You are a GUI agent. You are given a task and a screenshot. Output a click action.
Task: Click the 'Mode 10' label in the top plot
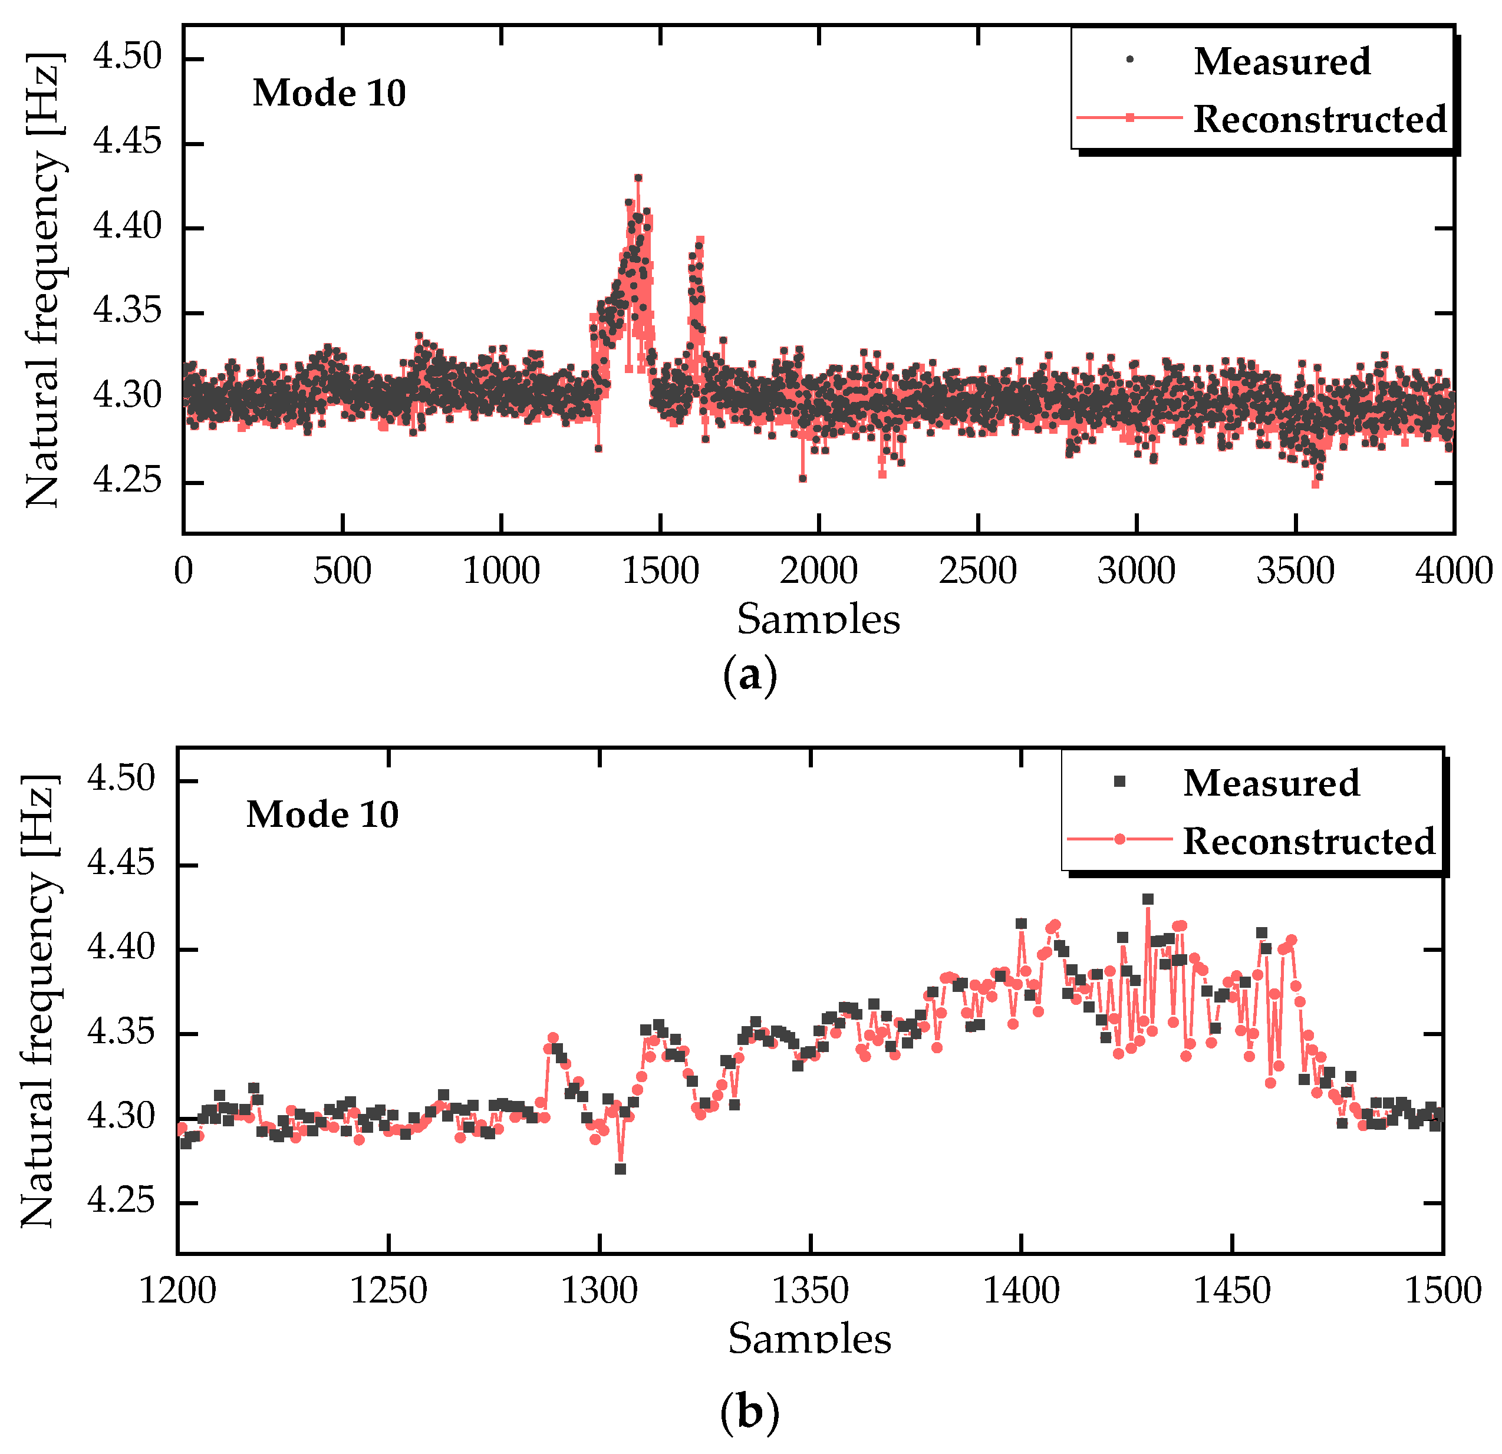pyautogui.click(x=329, y=94)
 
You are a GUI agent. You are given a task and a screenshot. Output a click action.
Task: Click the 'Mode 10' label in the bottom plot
pyautogui.click(x=322, y=815)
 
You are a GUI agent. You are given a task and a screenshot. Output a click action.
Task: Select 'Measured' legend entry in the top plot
pyautogui.click(x=1282, y=61)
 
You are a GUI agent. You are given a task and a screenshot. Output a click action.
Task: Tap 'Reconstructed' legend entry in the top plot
pyautogui.click(x=1319, y=120)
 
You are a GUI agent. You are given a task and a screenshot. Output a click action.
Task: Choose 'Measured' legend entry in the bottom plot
pyautogui.click(x=1270, y=783)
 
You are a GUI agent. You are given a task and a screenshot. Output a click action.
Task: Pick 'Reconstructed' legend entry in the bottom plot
pyautogui.click(x=1308, y=841)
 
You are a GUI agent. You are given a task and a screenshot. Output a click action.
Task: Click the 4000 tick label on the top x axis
pyautogui.click(x=1453, y=572)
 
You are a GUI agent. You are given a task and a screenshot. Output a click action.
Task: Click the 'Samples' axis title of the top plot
pyautogui.click(x=818, y=619)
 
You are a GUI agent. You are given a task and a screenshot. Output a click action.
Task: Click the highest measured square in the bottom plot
pyautogui.click(x=1147, y=899)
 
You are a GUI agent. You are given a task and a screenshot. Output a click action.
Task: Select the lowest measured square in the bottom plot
pyautogui.click(x=620, y=1169)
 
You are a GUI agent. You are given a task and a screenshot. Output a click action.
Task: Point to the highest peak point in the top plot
pyautogui.click(x=638, y=178)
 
